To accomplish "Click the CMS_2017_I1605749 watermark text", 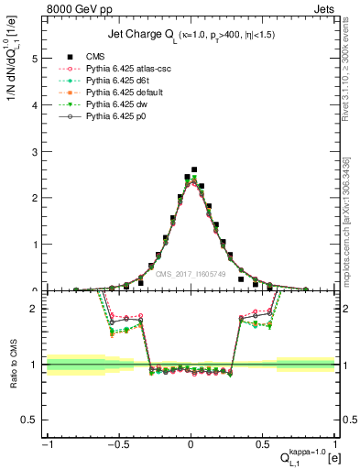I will point(191,274).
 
